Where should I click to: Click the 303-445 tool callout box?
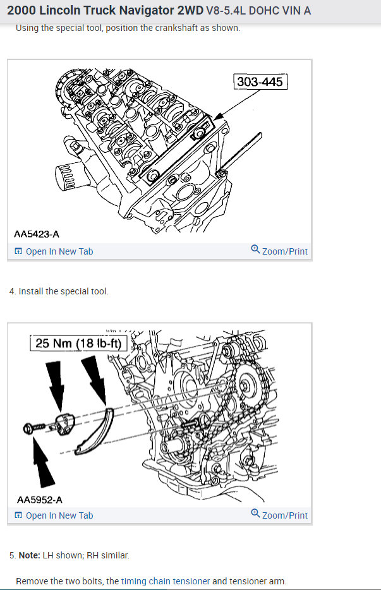(259, 81)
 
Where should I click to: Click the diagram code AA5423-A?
(37, 234)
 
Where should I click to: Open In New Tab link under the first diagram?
(59, 251)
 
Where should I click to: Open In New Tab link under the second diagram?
(59, 515)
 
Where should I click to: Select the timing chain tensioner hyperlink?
(166, 581)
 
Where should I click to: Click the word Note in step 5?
(29, 555)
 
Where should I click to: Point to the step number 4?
(12, 291)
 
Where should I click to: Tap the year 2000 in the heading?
(21, 11)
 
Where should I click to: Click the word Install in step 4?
(32, 291)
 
